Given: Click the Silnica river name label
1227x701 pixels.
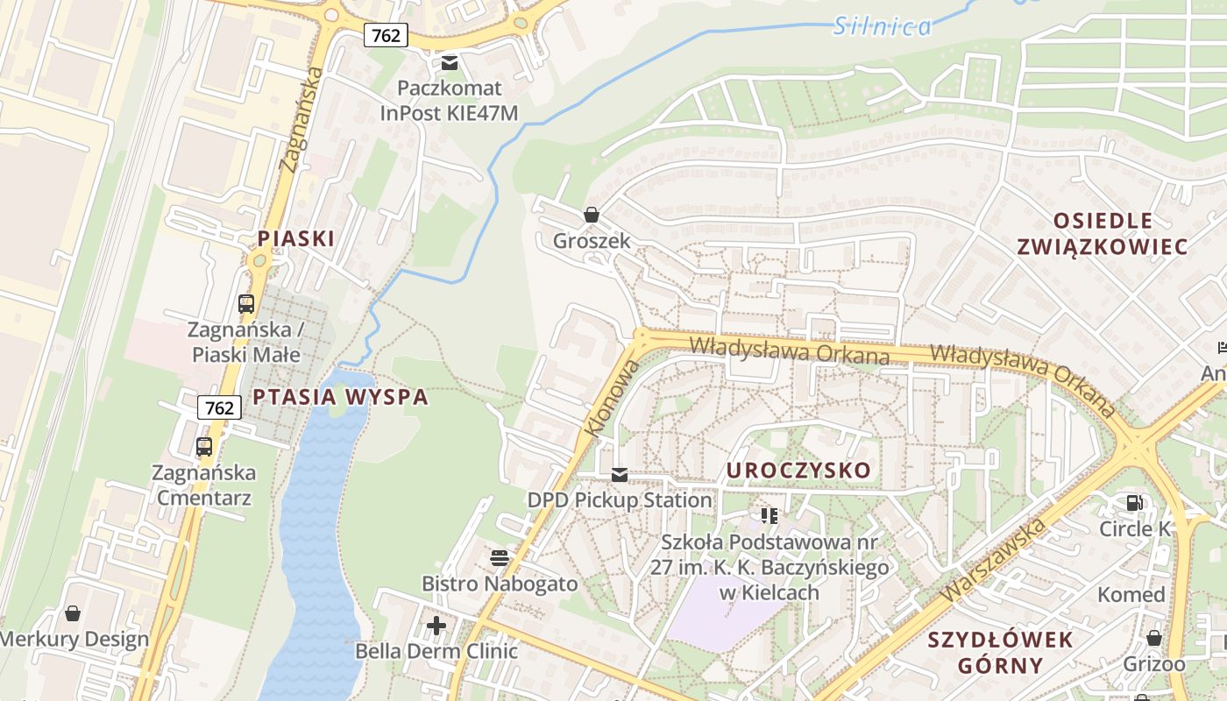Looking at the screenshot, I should [x=882, y=26].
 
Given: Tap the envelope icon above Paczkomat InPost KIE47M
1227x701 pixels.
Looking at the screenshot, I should [x=450, y=62].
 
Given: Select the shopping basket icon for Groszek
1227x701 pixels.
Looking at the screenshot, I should [x=592, y=215].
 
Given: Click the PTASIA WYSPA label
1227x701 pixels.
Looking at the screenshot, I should [x=340, y=397].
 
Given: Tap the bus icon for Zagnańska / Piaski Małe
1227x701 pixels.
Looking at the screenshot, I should [x=246, y=304].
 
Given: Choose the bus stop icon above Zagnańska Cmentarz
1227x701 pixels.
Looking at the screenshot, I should [x=204, y=447].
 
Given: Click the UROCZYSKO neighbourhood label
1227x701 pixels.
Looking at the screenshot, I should [x=798, y=471].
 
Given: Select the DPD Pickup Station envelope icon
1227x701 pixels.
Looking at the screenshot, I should [x=620, y=475].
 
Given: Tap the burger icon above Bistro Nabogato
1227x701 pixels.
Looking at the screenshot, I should [x=500, y=558].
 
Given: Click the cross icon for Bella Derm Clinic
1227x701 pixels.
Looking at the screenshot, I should [x=436, y=626].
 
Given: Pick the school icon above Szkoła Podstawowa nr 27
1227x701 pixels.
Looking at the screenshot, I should [x=770, y=515].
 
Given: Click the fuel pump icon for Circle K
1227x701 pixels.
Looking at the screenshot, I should [x=1135, y=503].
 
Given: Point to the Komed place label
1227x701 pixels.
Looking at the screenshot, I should [x=1131, y=595].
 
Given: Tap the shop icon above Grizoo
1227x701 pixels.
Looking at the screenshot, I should [x=1154, y=638].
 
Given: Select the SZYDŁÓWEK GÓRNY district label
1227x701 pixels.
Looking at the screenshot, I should [x=1001, y=653].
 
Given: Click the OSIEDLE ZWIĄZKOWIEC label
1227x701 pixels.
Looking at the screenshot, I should [x=1103, y=233].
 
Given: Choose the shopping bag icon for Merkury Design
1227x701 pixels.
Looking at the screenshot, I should [x=73, y=613].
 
